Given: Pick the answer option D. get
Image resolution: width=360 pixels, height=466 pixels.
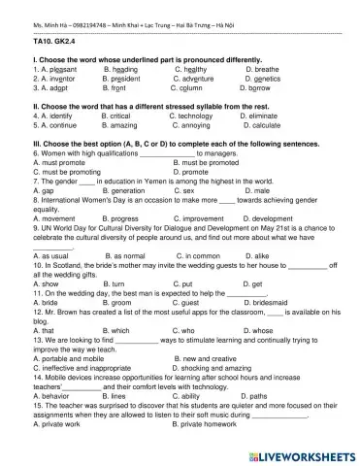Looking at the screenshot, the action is (x=250, y=283).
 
